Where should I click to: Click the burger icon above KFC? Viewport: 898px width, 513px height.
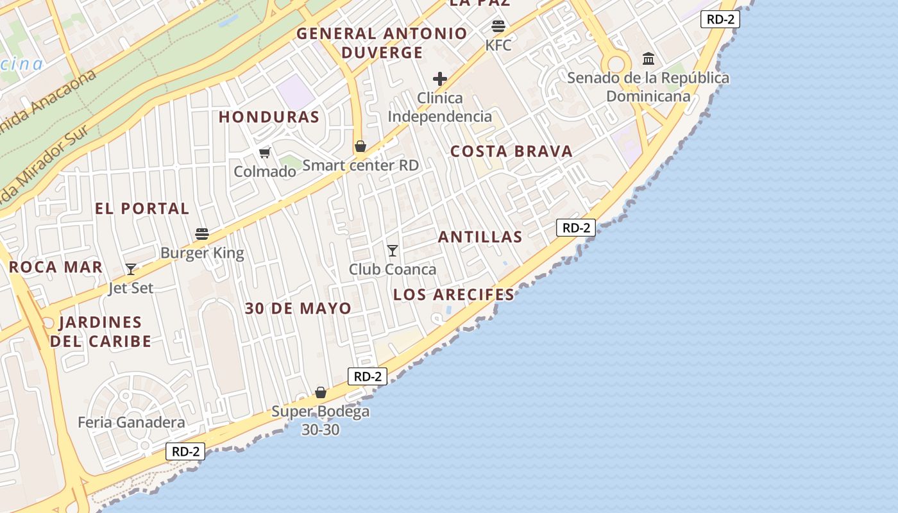498,26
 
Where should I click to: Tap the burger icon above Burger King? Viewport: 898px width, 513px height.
202,234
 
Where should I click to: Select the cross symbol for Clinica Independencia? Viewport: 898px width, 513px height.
440,79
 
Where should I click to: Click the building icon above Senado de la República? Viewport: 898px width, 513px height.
648,59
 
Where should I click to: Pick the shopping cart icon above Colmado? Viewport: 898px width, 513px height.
264,153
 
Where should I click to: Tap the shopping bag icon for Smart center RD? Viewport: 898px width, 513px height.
360,146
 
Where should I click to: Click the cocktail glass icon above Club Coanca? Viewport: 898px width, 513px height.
393,250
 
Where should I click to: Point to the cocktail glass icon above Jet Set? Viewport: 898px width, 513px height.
131,269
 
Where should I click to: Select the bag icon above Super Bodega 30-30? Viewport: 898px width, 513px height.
321,392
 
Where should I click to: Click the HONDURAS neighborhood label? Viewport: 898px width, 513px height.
269,117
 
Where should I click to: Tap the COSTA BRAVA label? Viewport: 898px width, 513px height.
511,151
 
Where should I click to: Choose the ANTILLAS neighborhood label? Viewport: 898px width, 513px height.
480,237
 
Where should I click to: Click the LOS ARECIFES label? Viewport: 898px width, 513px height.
453,295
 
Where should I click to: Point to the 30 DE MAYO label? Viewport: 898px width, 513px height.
298,308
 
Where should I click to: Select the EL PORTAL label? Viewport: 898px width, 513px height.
142,208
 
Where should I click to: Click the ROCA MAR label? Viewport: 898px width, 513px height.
56,267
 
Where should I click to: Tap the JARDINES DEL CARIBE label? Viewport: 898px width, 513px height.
101,332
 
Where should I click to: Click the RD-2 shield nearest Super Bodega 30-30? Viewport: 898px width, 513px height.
368,376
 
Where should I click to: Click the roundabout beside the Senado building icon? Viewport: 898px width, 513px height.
616,64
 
